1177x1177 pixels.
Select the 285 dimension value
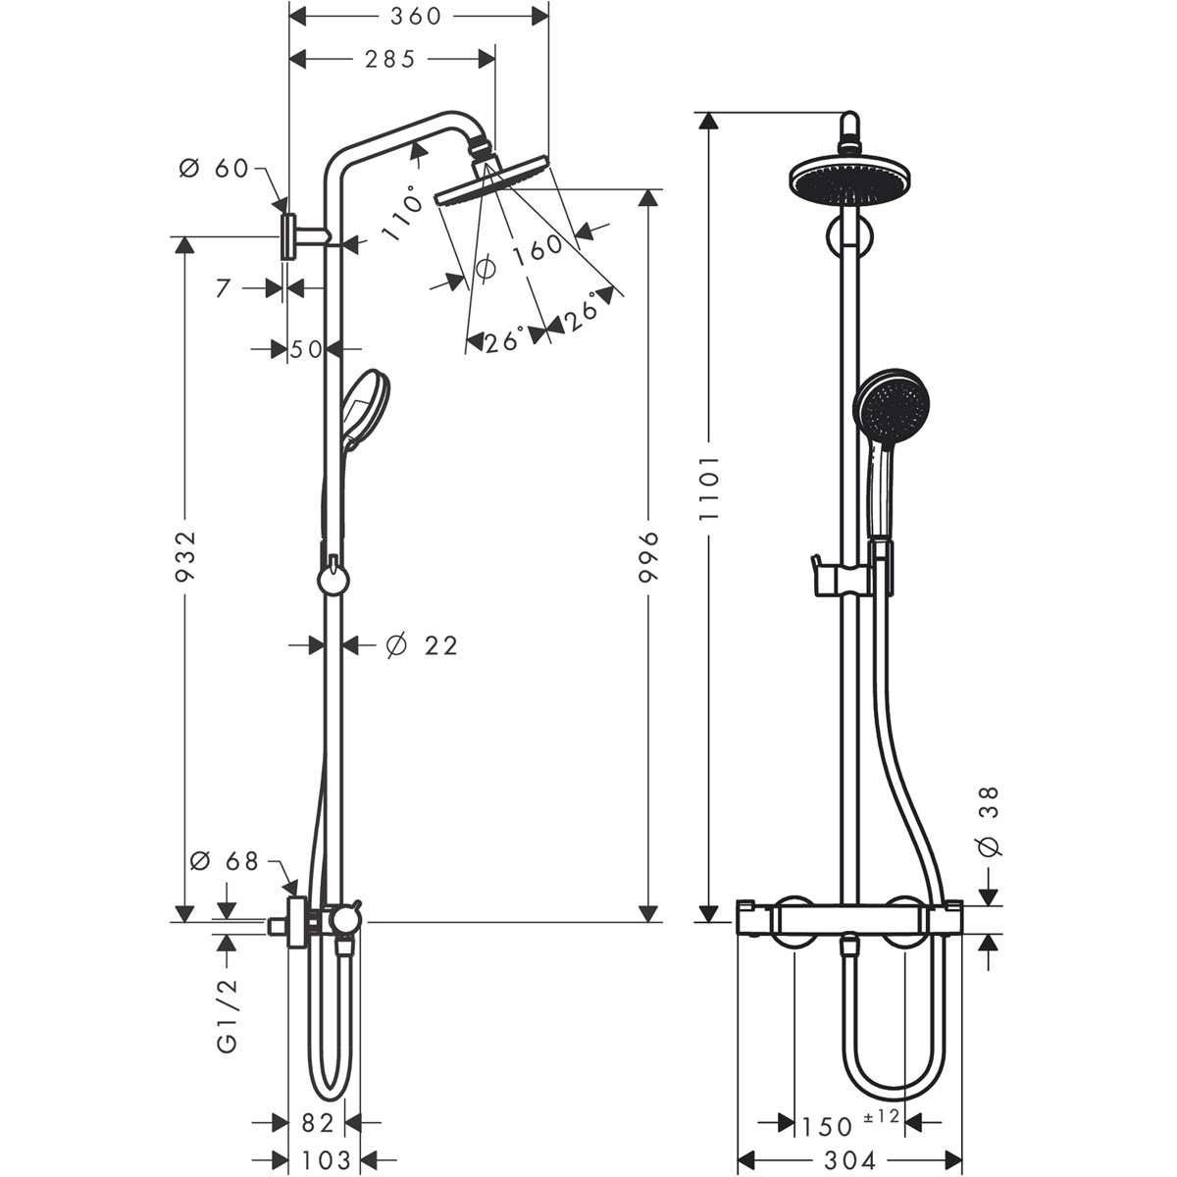tap(389, 60)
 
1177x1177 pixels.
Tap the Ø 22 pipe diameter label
tap(422, 645)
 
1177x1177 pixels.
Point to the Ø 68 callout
tap(224, 861)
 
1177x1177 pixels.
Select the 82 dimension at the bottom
tap(318, 1122)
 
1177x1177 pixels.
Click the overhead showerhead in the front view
tap(850, 180)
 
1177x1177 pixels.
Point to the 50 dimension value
tap(306, 348)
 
